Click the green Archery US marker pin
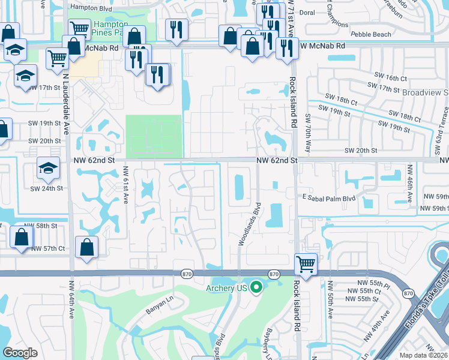(257, 288)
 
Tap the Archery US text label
(228, 289)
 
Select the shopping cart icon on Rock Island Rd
(306, 263)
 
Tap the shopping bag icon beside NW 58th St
(21, 236)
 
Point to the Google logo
(20, 352)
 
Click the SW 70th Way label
(308, 131)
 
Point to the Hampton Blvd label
(91, 7)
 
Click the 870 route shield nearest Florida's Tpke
(409, 293)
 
